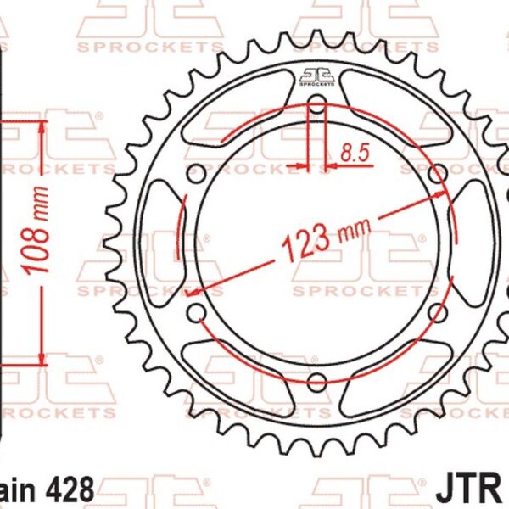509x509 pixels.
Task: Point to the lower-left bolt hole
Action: (196, 312)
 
